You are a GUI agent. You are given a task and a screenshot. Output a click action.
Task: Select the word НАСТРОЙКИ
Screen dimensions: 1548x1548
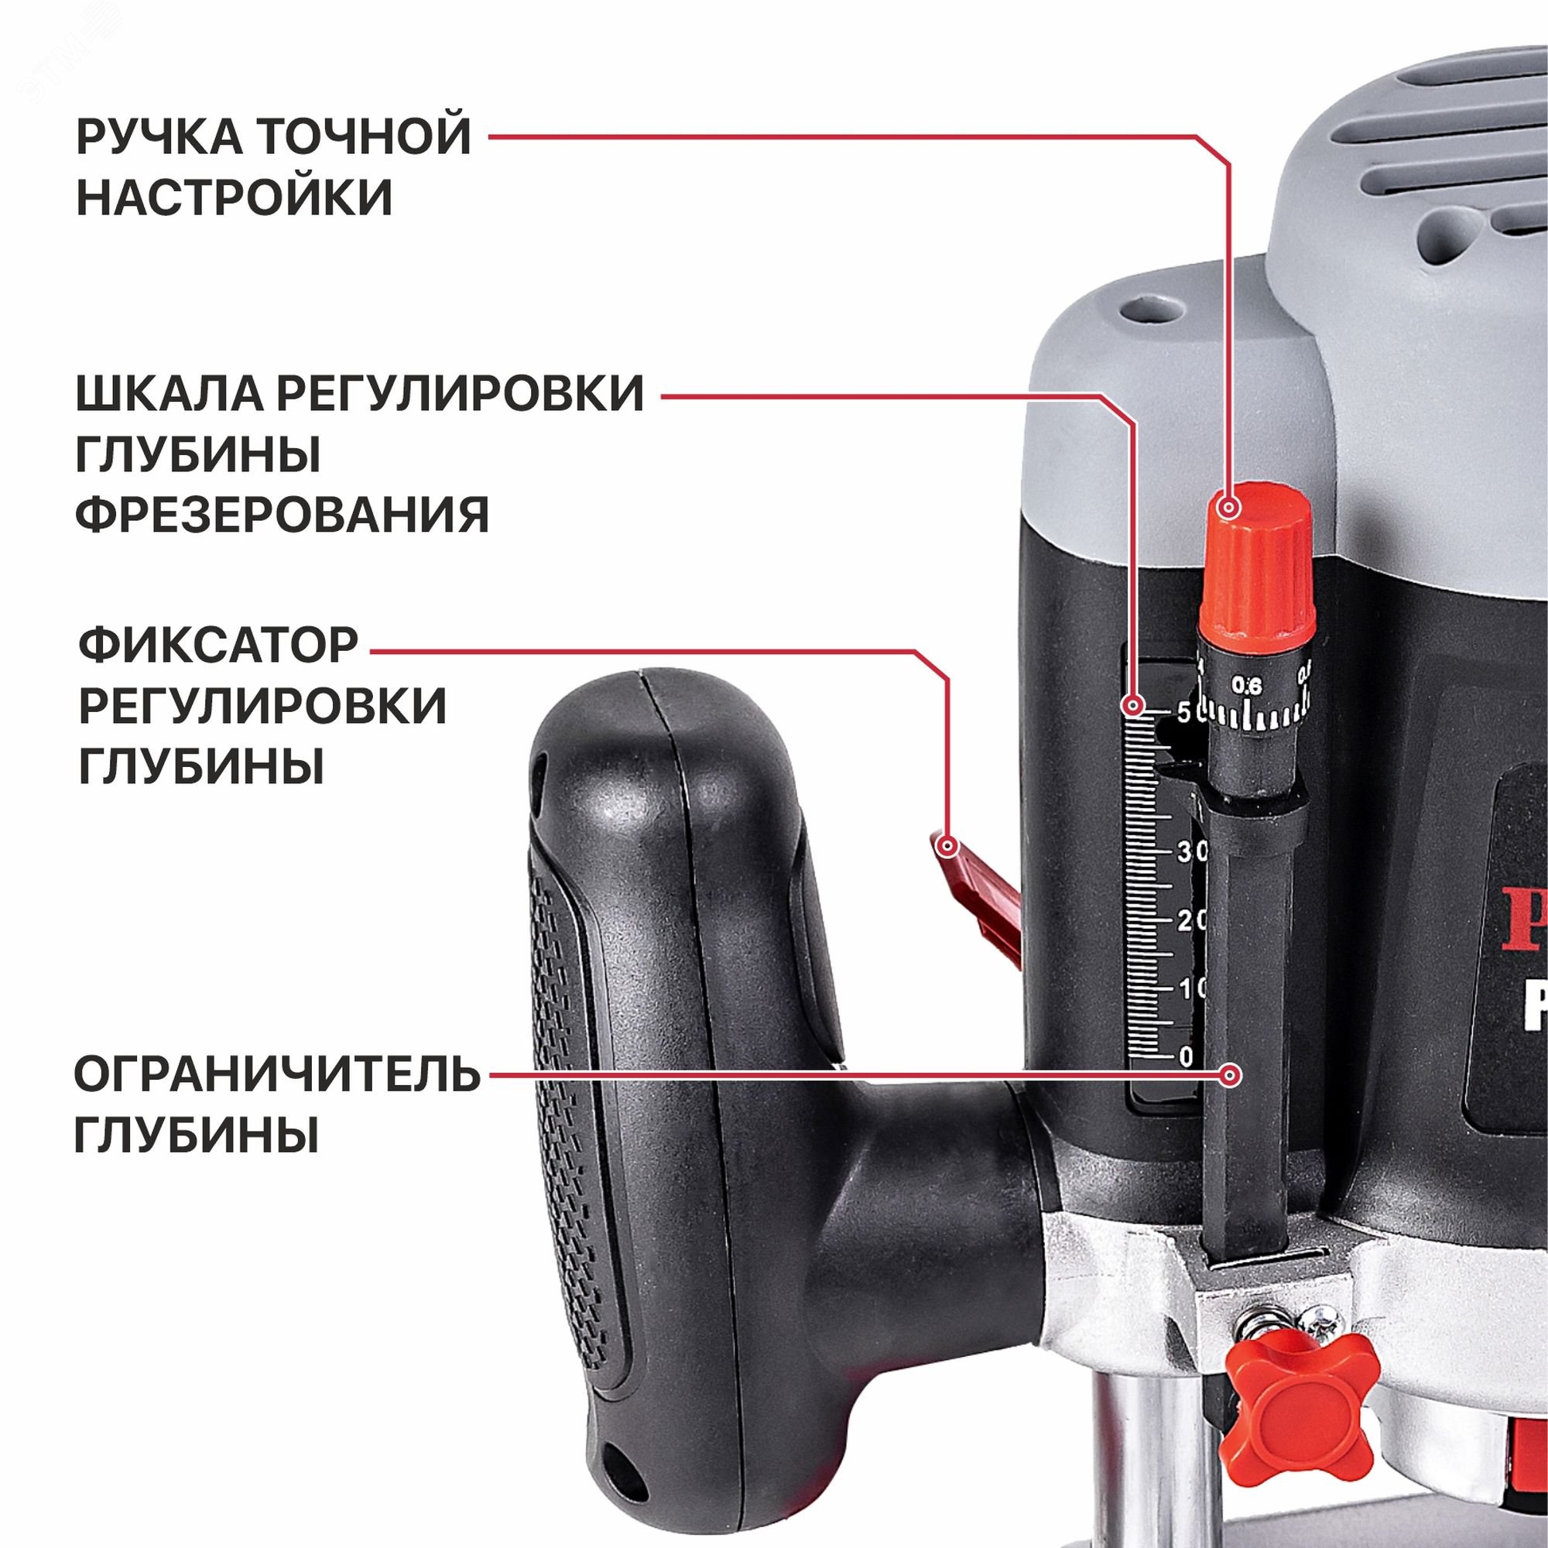click(234, 197)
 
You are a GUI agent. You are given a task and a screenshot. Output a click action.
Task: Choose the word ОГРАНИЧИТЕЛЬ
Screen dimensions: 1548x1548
click(277, 1075)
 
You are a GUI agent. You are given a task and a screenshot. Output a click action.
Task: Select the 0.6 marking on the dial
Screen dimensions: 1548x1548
click(1248, 686)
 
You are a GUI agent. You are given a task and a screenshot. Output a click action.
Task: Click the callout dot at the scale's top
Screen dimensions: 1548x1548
click(1132, 706)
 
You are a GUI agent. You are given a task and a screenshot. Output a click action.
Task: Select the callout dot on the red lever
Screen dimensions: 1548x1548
click(949, 845)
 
